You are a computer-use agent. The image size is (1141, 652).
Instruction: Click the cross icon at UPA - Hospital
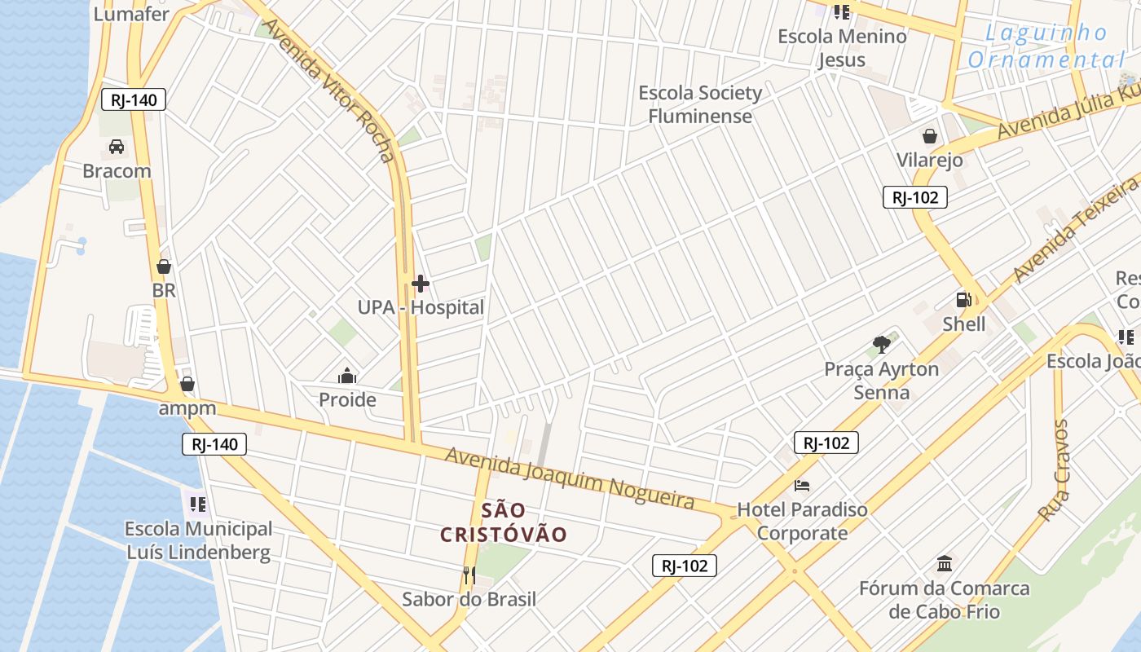pos(421,284)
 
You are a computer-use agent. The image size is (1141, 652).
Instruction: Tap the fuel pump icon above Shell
pos(964,300)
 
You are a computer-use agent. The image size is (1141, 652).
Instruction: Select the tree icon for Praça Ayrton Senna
pos(880,345)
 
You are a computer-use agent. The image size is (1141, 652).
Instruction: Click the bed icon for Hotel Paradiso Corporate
pos(802,486)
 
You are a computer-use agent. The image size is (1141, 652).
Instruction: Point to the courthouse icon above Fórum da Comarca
pos(945,563)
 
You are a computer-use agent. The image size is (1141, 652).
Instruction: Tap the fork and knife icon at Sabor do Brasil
pos(469,575)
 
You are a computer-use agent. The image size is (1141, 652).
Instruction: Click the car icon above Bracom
pos(117,147)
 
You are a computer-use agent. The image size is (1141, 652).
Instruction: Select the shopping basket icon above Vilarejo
pos(929,136)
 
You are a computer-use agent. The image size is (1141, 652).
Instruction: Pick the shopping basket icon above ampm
pos(187,383)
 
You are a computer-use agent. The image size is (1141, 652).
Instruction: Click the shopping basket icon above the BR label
pos(164,267)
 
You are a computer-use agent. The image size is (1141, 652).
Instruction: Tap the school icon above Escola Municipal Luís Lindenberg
pos(198,504)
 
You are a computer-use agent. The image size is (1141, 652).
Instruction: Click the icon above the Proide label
pos(347,376)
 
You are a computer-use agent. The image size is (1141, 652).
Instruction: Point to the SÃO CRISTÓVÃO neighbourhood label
pos(503,522)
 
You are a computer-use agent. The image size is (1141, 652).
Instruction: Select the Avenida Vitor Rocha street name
pos(330,90)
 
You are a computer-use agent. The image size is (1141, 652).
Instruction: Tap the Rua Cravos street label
pos(1053,470)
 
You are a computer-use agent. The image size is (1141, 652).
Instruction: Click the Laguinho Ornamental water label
pos(1046,46)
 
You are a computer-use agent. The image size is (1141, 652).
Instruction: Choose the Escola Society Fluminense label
pos(700,104)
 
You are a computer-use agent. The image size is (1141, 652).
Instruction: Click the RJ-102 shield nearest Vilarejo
pos(914,197)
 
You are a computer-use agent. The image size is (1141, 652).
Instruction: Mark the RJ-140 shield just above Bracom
pos(134,100)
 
